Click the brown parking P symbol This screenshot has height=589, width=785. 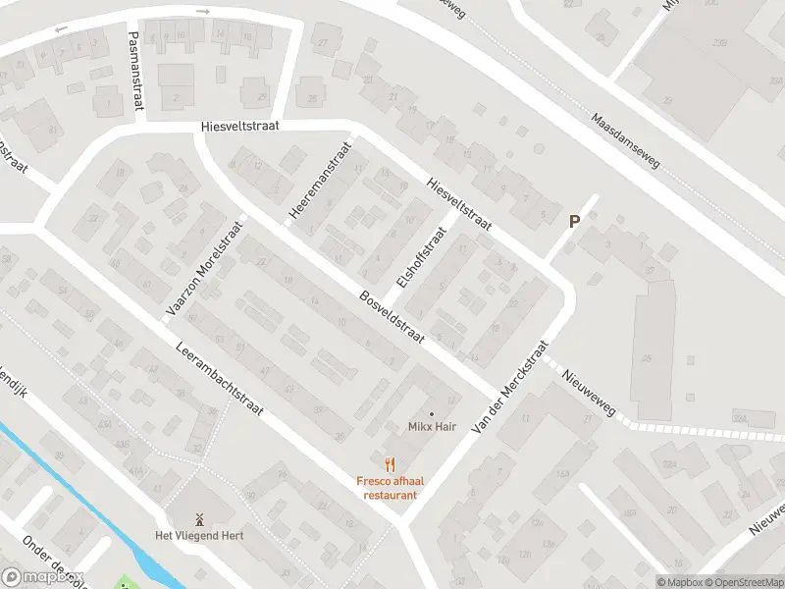click(575, 223)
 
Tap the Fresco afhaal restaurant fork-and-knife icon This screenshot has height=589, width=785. click(390, 464)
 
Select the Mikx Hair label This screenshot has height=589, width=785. click(432, 427)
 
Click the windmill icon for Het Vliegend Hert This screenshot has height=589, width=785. click(198, 518)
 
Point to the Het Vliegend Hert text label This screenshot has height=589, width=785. click(199, 535)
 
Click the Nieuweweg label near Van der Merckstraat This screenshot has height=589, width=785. click(589, 390)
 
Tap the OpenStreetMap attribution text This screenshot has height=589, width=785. click(743, 582)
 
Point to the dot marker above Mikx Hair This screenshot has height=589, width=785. click(431, 413)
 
